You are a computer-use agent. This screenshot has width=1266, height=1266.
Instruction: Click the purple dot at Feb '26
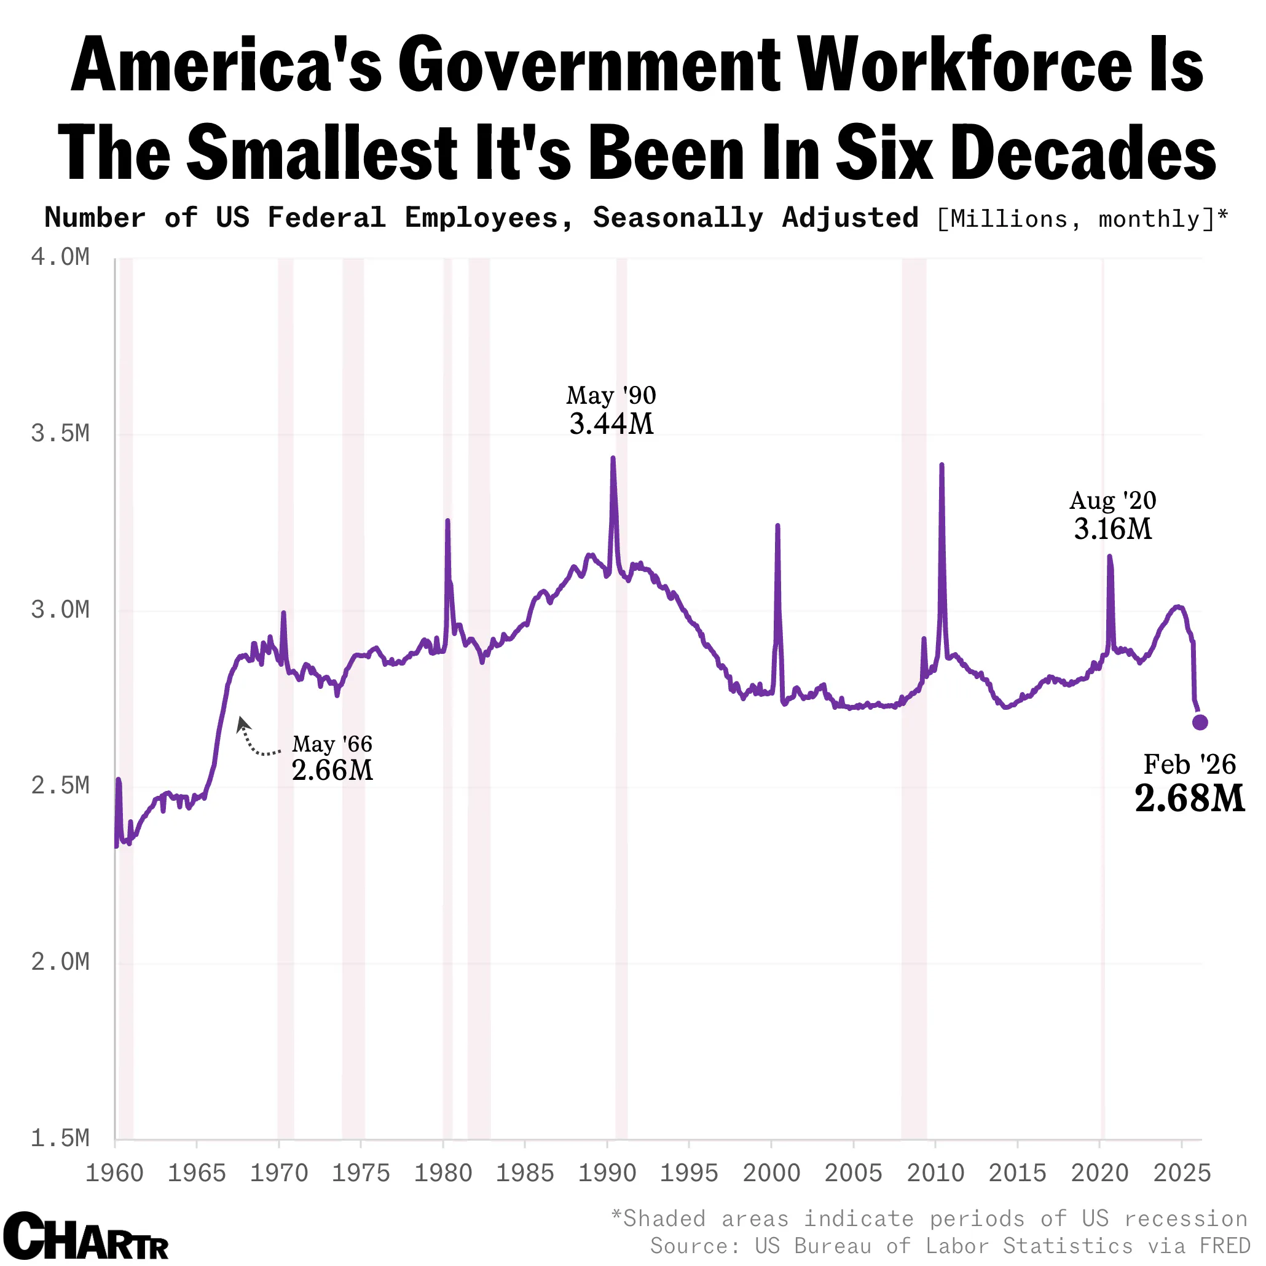[x=1200, y=722]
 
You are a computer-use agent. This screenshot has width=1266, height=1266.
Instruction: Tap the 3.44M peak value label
[x=611, y=424]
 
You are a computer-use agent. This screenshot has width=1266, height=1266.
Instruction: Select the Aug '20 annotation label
[x=1112, y=501]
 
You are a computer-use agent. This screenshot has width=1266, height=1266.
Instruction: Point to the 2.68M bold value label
[x=1189, y=799]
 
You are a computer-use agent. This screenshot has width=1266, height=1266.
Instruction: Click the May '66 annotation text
[x=332, y=744]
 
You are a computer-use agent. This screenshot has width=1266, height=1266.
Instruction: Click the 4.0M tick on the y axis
[x=60, y=258]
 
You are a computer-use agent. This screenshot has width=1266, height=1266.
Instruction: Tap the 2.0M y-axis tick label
[x=60, y=962]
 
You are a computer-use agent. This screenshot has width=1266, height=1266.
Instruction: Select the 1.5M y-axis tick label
[x=60, y=1138]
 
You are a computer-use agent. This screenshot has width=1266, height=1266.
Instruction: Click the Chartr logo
[x=86, y=1236]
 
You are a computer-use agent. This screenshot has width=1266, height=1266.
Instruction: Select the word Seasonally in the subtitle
[x=678, y=218]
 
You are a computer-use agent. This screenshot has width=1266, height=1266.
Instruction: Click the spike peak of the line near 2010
[x=941, y=465]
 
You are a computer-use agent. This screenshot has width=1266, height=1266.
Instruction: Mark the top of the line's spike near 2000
[x=777, y=525]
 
